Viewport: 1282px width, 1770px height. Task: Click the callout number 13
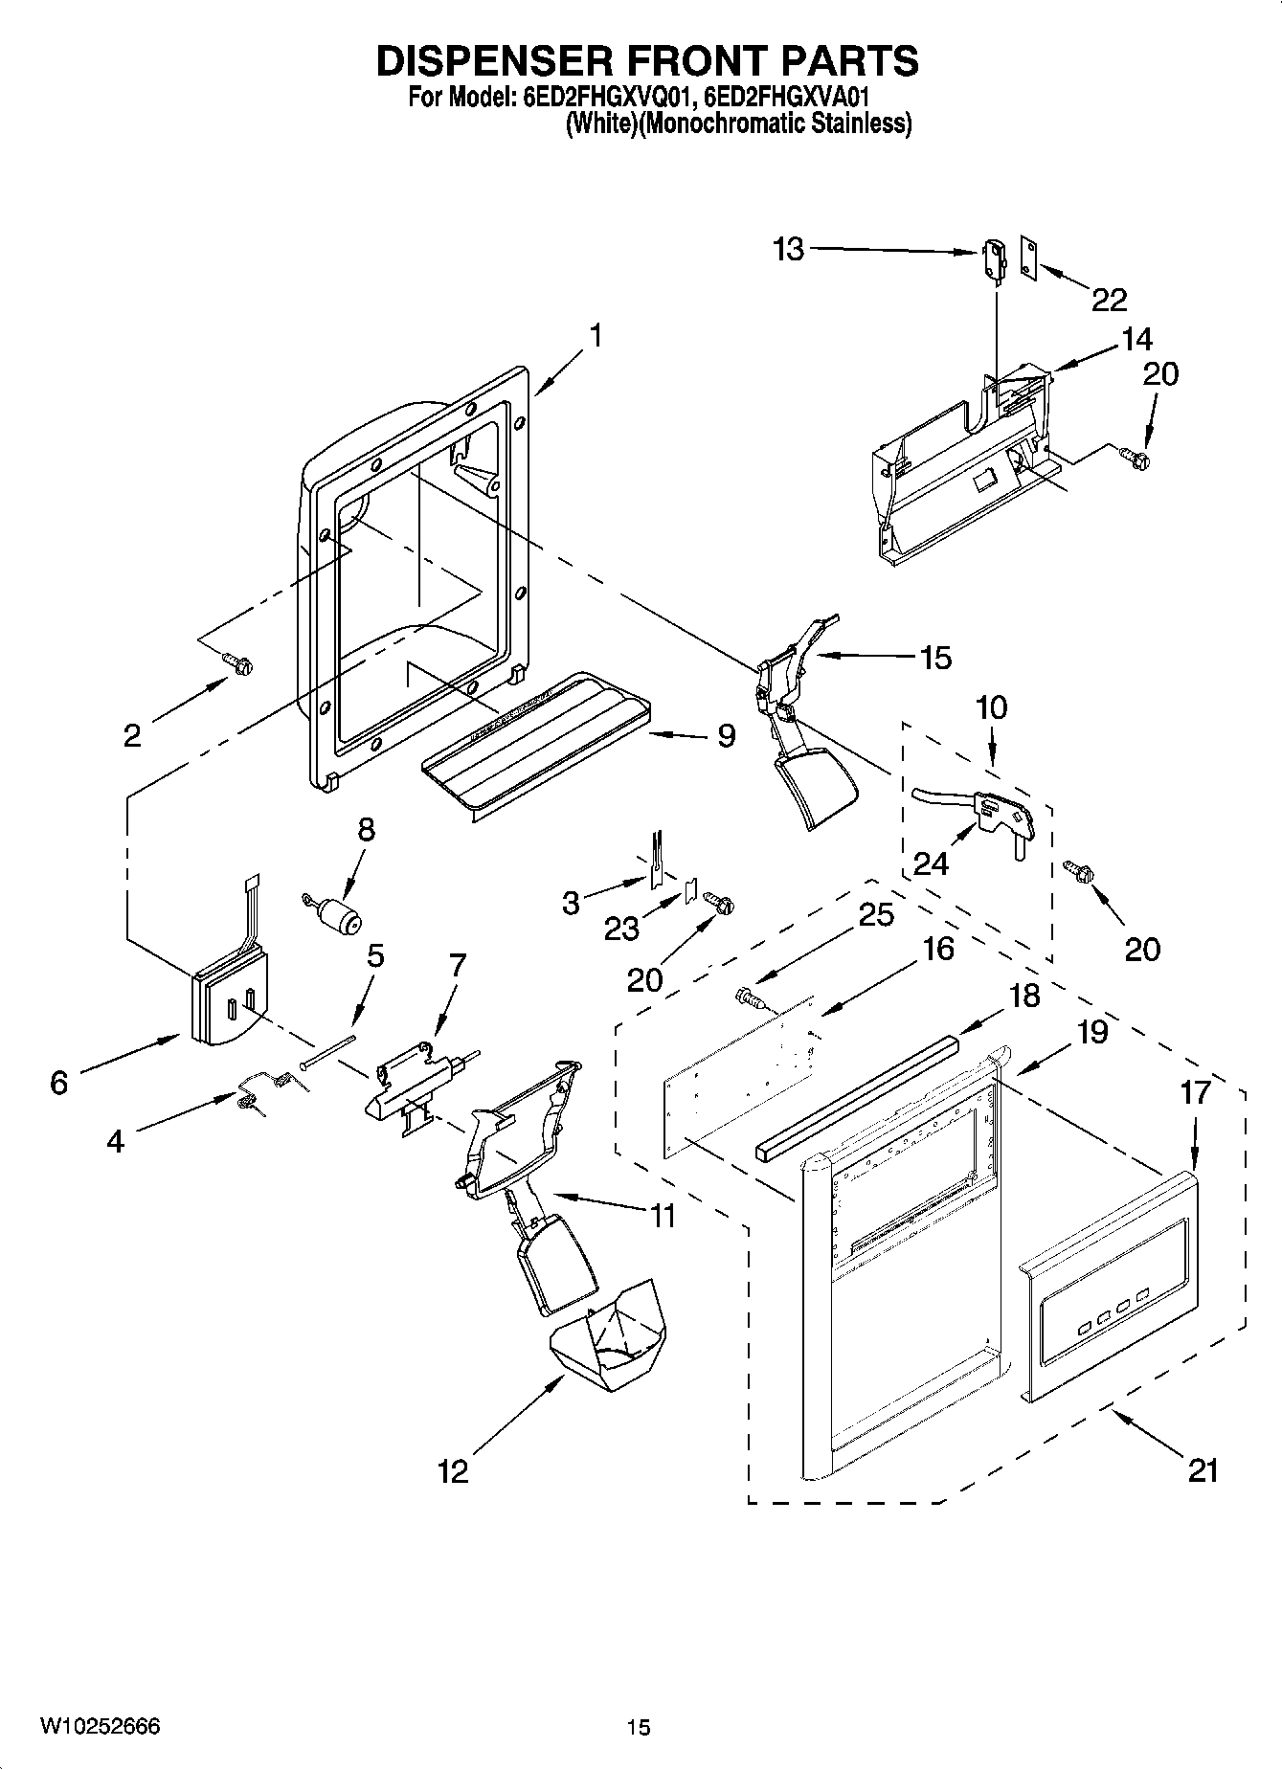tap(789, 250)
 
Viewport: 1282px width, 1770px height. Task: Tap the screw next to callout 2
tap(236, 661)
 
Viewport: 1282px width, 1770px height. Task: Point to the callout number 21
tap(1203, 1469)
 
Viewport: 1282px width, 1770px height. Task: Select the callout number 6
tap(59, 1083)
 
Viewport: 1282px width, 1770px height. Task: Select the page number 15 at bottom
tap(639, 1728)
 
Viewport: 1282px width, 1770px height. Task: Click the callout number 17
tap(1196, 1092)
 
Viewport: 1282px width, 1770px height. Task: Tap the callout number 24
tap(931, 863)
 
